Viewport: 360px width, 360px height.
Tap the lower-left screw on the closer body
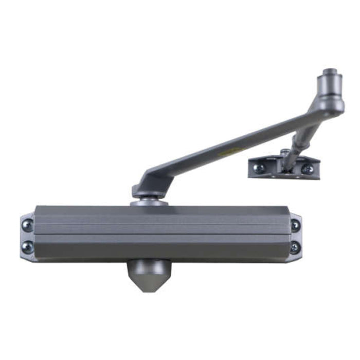(26, 247)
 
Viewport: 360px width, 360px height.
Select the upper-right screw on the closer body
(295, 225)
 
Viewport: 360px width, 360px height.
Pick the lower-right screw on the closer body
(294, 247)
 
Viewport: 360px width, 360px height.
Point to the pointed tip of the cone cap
(146, 291)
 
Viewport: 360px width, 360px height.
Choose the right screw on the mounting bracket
(307, 168)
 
